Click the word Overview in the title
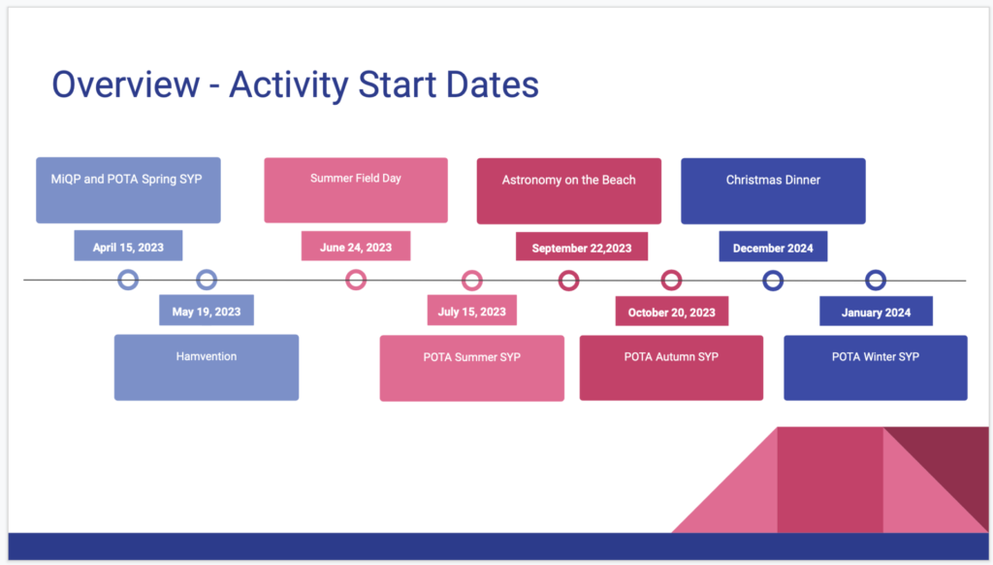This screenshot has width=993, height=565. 125,85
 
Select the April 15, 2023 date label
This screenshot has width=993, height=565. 128,246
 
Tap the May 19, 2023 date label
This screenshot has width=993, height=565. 207,311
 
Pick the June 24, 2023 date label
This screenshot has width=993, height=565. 356,246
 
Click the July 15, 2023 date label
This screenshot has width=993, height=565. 472,311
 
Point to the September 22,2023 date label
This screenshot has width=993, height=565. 582,247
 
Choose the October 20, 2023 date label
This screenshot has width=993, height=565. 672,312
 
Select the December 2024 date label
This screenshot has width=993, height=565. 773,247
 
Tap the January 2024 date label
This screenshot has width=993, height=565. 876,312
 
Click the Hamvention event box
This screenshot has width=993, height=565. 207,368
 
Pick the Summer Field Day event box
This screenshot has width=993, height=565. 356,190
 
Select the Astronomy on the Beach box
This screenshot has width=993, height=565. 568,191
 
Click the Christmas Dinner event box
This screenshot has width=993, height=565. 773,191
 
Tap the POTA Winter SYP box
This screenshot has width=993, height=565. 876,368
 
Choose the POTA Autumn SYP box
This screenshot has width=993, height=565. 671,368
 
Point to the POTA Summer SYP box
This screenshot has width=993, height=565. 472,369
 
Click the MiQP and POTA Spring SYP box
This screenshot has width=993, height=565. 129,190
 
